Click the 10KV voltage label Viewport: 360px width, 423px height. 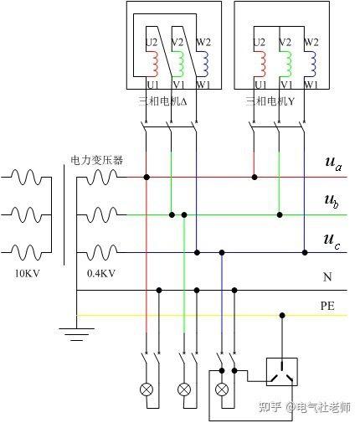[27, 273]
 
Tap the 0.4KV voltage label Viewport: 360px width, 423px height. [101, 273]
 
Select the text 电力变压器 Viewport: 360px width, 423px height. [96, 160]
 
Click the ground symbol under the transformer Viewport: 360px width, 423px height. [76, 334]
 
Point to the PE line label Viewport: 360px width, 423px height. [327, 306]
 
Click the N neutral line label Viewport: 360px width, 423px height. [327, 277]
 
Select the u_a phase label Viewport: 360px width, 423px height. [333, 163]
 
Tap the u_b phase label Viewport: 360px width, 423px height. [332, 201]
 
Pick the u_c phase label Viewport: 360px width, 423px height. [332, 240]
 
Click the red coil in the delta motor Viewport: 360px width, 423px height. [154, 64]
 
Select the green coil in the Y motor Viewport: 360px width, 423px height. [290, 64]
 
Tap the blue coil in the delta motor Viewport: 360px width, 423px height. [205, 64]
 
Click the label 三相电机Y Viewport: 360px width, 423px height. [270, 101]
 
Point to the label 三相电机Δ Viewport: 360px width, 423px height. [162, 101]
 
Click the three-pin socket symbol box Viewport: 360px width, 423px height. [282, 372]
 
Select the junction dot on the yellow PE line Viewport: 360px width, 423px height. [282, 316]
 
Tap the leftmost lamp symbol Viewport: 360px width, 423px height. [147, 389]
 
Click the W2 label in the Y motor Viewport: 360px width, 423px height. [311, 43]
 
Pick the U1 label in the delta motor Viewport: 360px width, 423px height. [152, 84]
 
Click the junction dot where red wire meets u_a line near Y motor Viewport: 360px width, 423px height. [255, 177]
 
